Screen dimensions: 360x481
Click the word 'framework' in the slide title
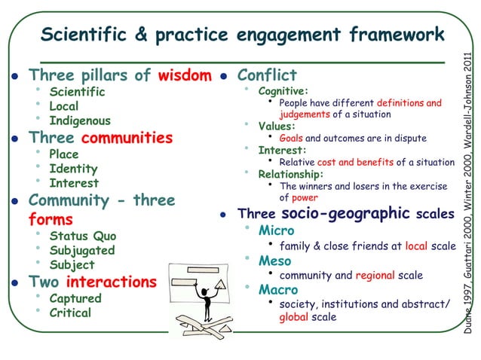pyautogui.click(x=397, y=35)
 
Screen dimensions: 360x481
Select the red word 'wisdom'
pyautogui.click(x=185, y=75)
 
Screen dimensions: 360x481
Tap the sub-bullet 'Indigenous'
pyautogui.click(x=80, y=121)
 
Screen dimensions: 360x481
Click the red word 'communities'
pyautogui.click(x=127, y=139)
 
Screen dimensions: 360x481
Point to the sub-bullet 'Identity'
pyautogui.click(x=73, y=169)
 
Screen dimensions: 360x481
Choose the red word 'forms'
pyautogui.click(x=51, y=220)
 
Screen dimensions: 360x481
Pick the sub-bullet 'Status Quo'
pyautogui.click(x=83, y=236)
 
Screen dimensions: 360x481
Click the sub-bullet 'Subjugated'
pyautogui.click(x=82, y=251)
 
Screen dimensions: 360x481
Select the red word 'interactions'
pyautogui.click(x=112, y=282)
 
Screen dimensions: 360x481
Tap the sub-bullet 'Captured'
pyautogui.click(x=75, y=298)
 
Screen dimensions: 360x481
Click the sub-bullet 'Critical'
pyautogui.click(x=70, y=313)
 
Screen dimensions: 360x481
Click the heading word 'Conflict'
pyautogui.click(x=267, y=75)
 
